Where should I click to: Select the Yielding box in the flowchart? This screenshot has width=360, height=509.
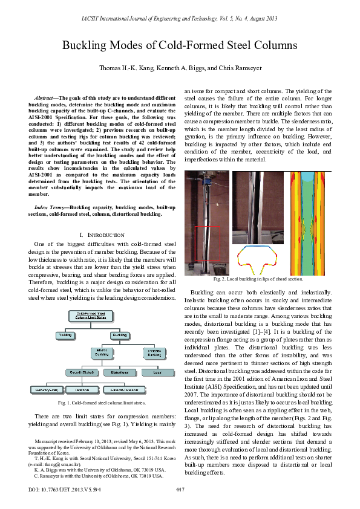click(x=67, y=334)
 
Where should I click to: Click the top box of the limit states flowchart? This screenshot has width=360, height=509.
click(x=90, y=316)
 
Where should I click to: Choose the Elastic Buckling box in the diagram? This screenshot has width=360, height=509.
click(x=102, y=352)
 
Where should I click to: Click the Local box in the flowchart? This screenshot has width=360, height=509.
click(x=154, y=372)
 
